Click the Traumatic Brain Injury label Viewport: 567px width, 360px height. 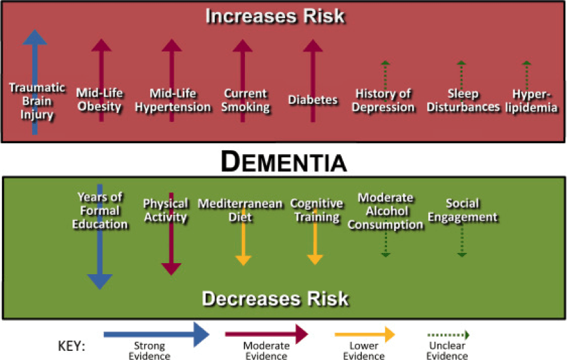pyautogui.click(x=36, y=101)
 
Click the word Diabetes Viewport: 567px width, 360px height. pyautogui.click(x=313, y=100)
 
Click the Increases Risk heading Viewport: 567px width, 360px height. pyautogui.click(x=275, y=15)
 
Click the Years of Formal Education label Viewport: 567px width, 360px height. pyautogui.click(x=100, y=210)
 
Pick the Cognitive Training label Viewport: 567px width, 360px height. pyautogui.click(x=315, y=210)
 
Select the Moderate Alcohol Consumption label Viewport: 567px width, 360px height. pyautogui.click(x=385, y=211)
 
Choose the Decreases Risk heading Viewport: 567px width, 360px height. pyautogui.click(x=275, y=299)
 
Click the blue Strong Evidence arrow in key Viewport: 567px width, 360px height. pyautogui.click(x=157, y=334)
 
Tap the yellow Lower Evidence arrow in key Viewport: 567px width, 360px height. pyautogui.click(x=364, y=334)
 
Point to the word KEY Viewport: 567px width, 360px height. pyautogui.click(x=72, y=346)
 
